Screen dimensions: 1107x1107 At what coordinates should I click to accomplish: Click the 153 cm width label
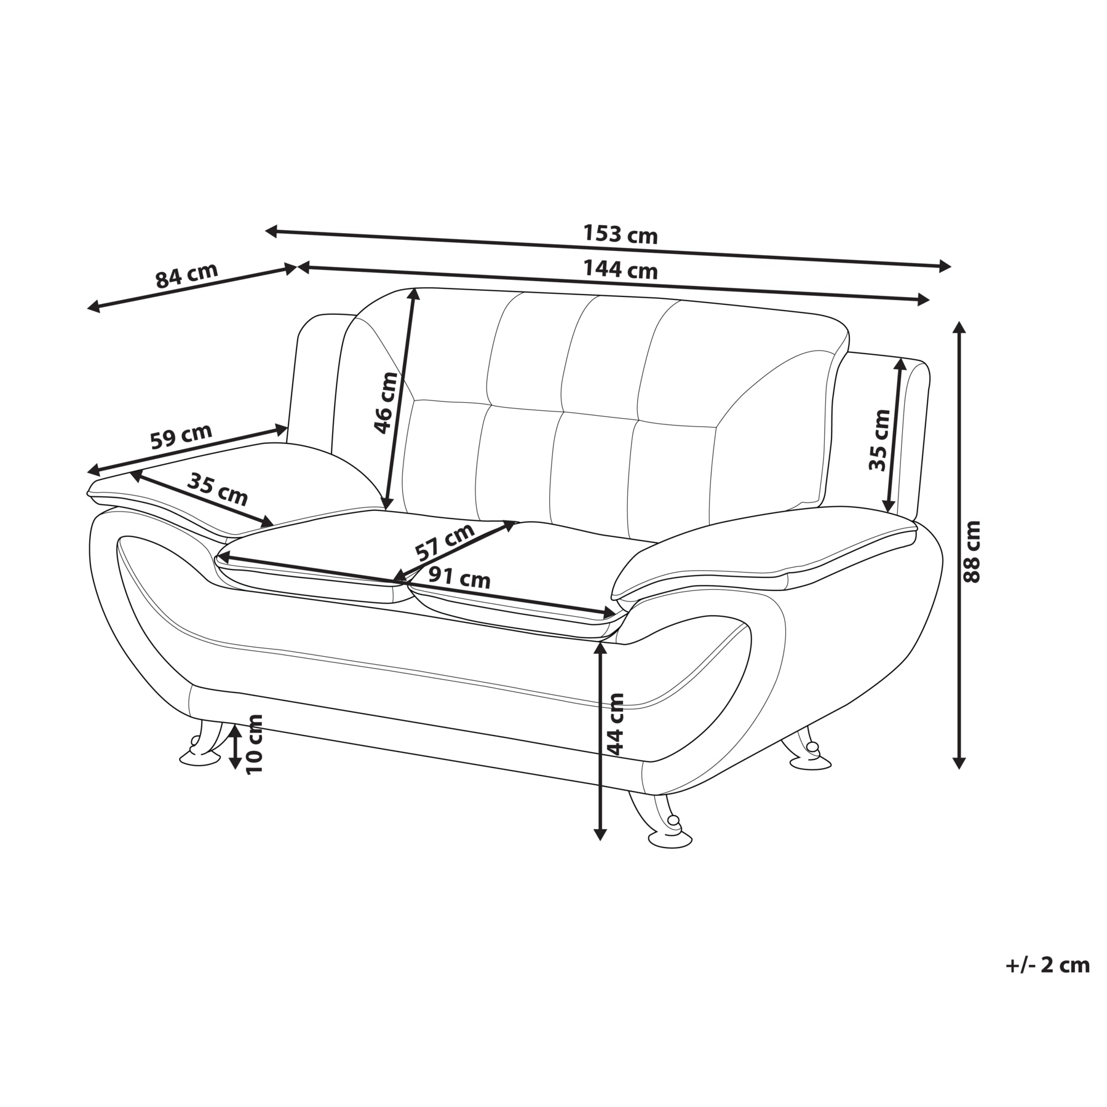620,234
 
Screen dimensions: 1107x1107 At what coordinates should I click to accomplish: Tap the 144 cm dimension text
620,269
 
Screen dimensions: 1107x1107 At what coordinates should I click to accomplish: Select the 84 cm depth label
186,276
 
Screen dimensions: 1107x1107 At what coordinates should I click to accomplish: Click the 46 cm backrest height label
387,403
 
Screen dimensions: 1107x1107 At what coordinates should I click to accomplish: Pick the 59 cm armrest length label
181,436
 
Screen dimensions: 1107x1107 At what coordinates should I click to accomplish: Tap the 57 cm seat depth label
445,542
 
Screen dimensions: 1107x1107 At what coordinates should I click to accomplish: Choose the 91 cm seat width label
459,578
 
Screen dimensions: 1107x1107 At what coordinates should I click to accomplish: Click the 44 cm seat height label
616,724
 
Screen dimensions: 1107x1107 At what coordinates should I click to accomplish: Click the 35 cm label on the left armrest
217,489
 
